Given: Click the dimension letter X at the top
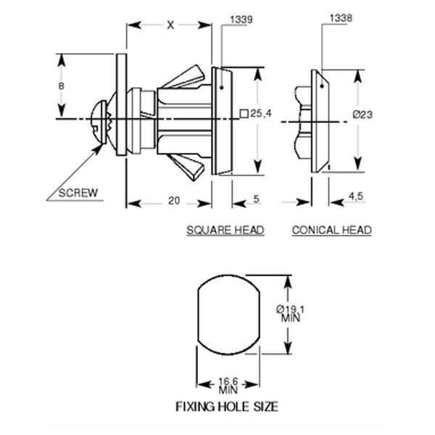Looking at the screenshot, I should tap(170, 25).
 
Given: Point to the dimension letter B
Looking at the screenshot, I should tap(62, 86).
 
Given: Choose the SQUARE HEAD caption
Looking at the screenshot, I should tap(225, 230).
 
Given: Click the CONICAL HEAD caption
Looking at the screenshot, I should tap(331, 230).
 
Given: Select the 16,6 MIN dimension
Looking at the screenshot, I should tap(228, 384).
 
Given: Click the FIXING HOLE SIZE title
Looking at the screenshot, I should tap(227, 406).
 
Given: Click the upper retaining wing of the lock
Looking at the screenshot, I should tap(185, 78).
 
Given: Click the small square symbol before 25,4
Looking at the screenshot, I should tap(244, 114).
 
